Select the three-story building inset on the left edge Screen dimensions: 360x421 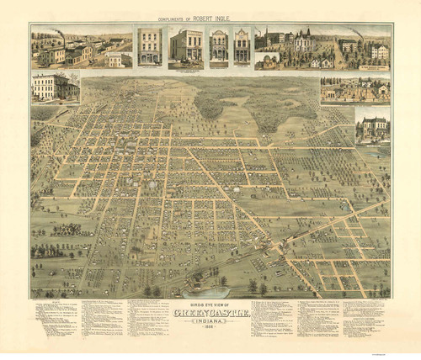(x=56, y=87)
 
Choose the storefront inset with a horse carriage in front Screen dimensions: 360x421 (x=186, y=47)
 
